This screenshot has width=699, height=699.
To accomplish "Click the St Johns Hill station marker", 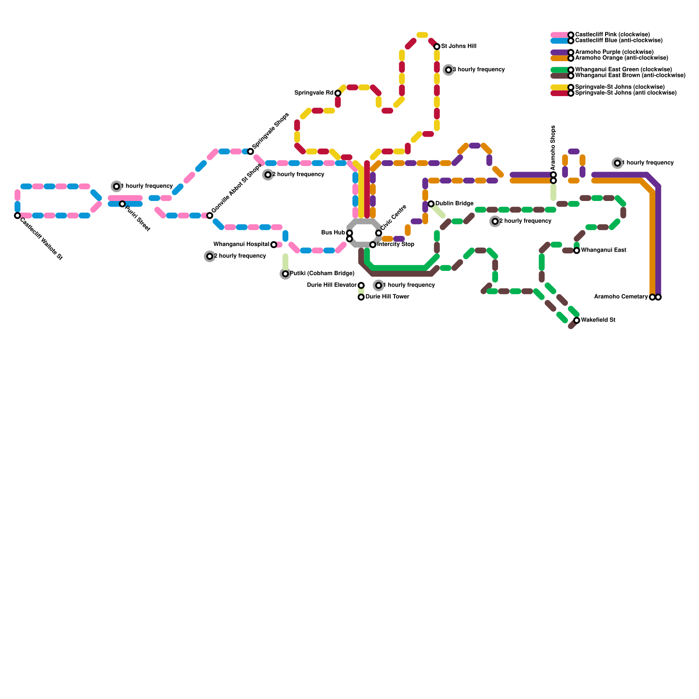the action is point(437,47).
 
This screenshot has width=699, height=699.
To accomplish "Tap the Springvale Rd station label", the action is point(314,93).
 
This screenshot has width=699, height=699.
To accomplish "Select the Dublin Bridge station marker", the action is point(431,204).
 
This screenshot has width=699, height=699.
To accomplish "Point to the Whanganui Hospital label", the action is point(241,245).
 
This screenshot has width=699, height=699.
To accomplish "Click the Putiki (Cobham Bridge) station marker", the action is point(285,274).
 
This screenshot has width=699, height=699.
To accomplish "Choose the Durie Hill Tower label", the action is point(387,297).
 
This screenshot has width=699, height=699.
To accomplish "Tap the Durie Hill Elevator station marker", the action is point(361,285).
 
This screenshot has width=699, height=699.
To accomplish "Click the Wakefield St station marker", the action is point(577,320).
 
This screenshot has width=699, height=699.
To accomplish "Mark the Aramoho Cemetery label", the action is point(621,297).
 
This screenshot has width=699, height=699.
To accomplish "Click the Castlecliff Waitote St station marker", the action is point(17,215).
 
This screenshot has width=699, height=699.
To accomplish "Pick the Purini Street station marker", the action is point(122,204).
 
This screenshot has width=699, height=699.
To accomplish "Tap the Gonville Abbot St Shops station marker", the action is point(210,215).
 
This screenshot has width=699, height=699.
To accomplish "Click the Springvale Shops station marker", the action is point(250,152).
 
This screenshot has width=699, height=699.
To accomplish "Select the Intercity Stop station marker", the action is point(373,245).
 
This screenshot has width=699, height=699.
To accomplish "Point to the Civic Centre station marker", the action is point(379,233).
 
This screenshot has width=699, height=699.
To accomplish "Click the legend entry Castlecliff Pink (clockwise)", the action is point(612,35).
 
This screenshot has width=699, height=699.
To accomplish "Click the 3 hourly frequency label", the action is point(478,70).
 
